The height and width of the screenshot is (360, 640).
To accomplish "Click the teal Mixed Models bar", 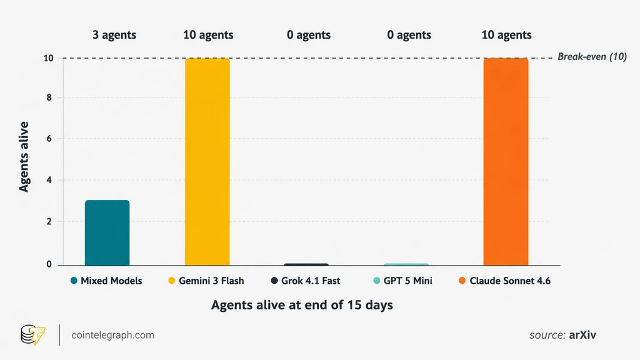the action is point(107,232).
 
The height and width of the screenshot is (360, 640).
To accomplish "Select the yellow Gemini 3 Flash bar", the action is point(207,162).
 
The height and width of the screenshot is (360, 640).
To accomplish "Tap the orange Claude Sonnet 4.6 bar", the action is point(506,162).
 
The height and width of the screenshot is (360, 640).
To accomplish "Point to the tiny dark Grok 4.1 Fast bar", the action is point(306,264).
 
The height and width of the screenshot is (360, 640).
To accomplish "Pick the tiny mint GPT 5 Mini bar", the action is point(406,264).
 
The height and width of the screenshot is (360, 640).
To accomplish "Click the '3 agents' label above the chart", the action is point(114,35).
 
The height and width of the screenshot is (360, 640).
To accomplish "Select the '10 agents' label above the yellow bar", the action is point(208,35).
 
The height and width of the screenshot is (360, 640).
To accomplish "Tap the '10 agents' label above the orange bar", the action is point(506,35).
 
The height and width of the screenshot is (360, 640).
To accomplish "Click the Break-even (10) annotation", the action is point(592,57).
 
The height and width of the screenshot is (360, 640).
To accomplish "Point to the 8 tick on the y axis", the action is point(49,97).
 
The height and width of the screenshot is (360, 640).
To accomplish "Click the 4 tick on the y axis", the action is point(49,180).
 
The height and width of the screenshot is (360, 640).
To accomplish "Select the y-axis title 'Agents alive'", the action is point(24,157).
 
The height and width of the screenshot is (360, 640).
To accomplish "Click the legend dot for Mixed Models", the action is point(74,281).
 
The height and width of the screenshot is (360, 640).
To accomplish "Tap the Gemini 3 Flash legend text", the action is point(211,281).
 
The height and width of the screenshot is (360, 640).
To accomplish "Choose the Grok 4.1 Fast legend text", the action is point(311,281).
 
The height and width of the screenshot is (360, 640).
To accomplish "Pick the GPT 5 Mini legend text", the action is point(407,281).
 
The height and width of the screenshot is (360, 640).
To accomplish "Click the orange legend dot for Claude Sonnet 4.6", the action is point(462,281).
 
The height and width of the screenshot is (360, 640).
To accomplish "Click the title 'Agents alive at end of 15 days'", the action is point(302,305).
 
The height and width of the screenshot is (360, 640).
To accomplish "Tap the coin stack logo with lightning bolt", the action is point(33,335).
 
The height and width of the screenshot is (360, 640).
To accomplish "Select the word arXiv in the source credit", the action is point(582,335).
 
